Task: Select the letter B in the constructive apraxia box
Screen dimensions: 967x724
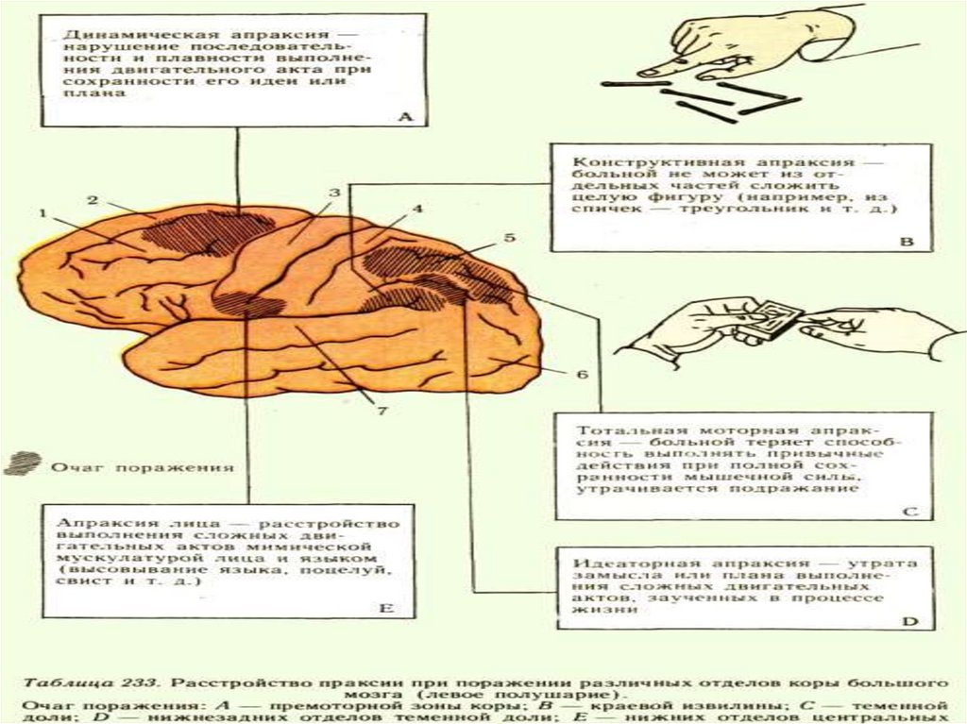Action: point(908,242)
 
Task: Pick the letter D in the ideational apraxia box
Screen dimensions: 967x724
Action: point(910,622)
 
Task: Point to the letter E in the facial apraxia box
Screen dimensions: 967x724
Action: point(385,609)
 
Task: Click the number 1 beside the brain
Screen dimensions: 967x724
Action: point(42,213)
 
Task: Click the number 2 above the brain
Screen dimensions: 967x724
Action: point(93,199)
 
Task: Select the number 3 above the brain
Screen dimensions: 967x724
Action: point(333,194)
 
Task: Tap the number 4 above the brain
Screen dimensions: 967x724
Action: point(417,209)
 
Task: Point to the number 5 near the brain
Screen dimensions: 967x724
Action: point(510,238)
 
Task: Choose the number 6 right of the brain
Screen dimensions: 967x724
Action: point(583,374)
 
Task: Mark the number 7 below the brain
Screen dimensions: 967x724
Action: point(384,411)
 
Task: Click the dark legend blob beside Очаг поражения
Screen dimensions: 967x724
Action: point(22,463)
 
